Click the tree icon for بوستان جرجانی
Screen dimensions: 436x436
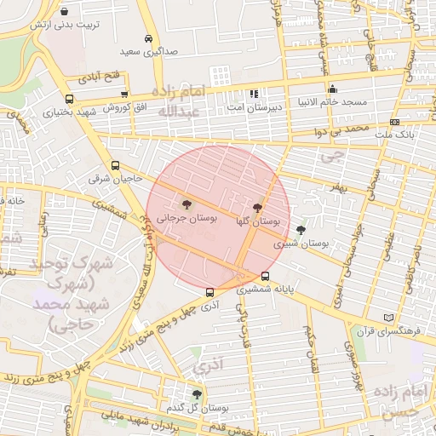186,204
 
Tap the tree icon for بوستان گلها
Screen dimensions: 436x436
258,207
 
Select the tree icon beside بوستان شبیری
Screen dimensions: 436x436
300,230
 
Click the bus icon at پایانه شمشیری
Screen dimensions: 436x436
267,276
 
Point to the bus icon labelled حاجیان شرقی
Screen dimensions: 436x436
115,166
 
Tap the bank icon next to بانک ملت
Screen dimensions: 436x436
393,123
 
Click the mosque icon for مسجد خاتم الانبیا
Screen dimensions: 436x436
331,89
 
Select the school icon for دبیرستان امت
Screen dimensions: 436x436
253,94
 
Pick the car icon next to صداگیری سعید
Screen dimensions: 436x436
149,38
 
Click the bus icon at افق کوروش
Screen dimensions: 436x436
125,95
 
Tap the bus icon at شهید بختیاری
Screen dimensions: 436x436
68,98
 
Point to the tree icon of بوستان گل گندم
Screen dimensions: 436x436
197,394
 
